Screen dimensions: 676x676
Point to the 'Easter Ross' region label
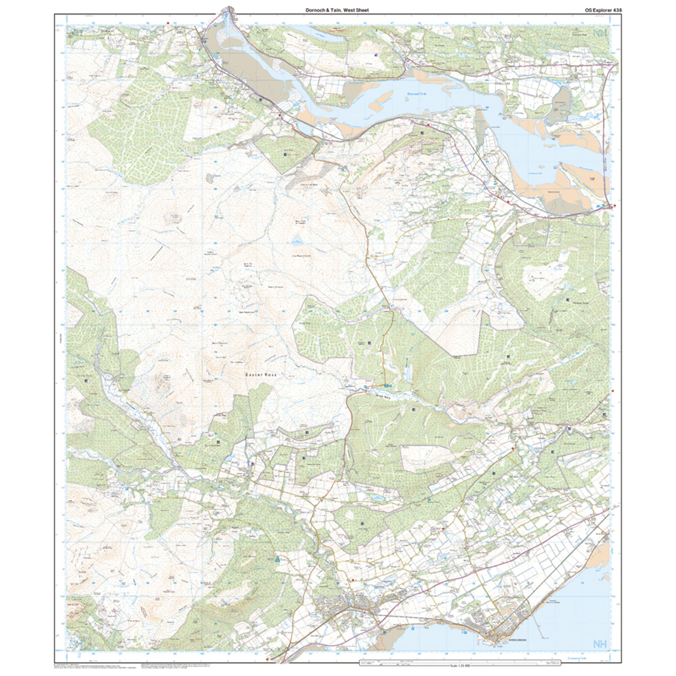(x=261, y=374)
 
